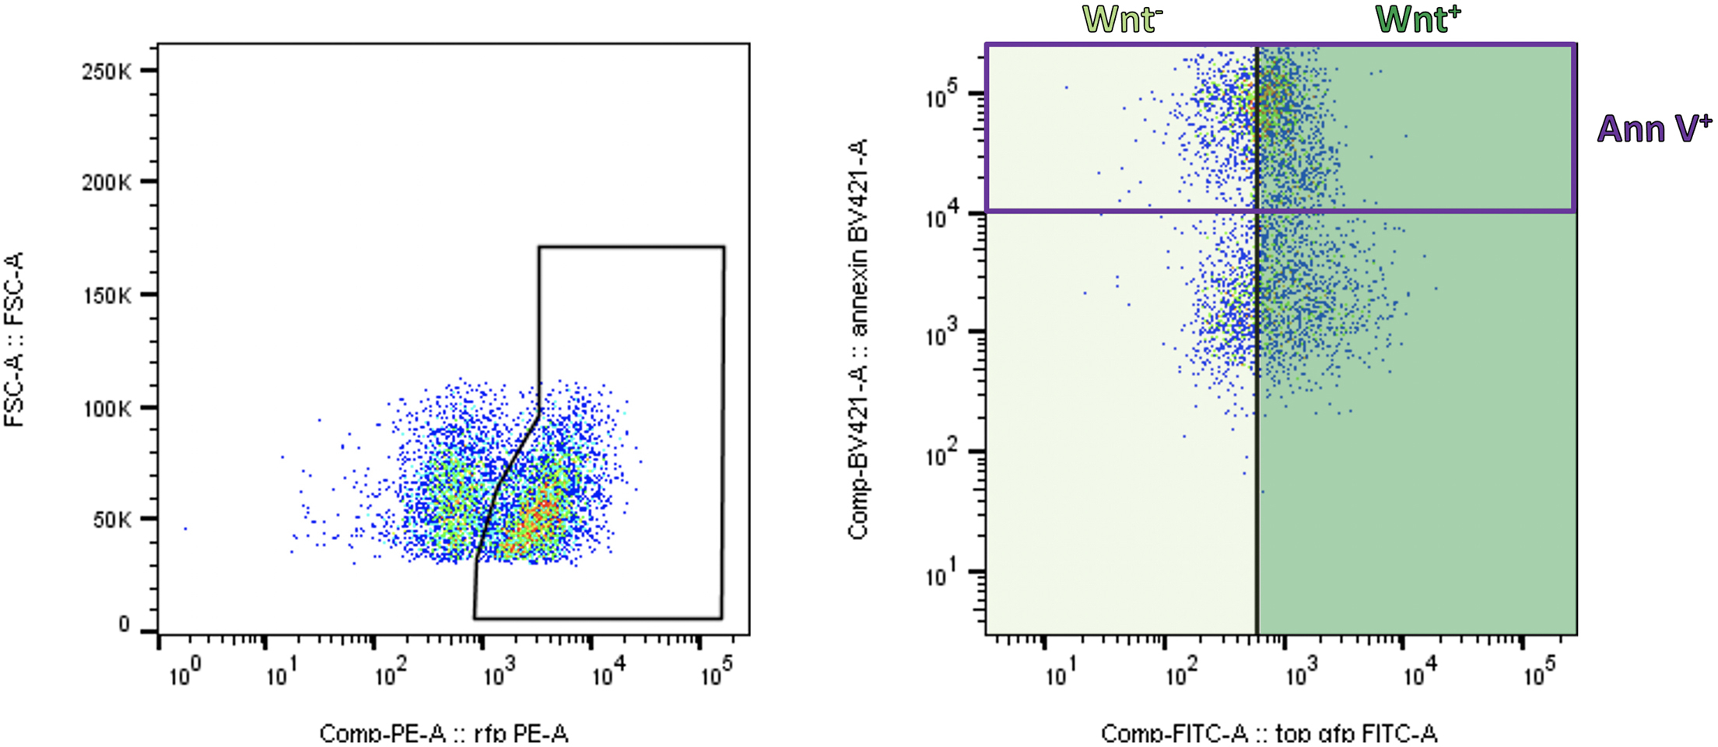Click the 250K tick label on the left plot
click(x=107, y=72)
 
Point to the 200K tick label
click(x=107, y=184)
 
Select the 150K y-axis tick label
click(x=107, y=296)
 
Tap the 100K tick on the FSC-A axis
click(x=107, y=408)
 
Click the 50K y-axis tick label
click(x=112, y=520)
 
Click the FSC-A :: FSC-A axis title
click(x=15, y=339)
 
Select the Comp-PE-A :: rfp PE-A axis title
click(x=444, y=734)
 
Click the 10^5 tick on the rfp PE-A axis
click(x=716, y=673)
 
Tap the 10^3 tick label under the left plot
click(x=499, y=673)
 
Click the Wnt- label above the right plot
click(x=1121, y=19)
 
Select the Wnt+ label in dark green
click(x=1417, y=19)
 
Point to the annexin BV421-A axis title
click(x=857, y=339)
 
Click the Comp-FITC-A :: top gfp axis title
click(x=1268, y=734)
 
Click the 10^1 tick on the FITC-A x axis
click(x=1061, y=674)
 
